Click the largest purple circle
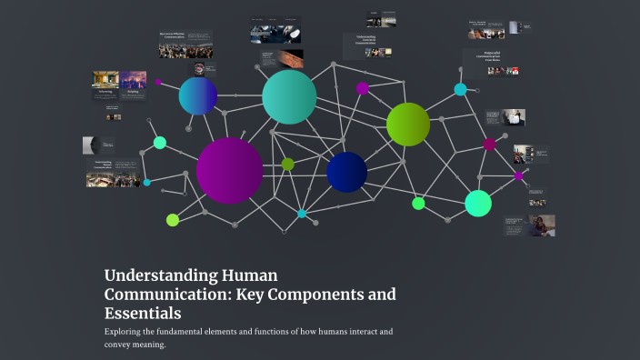pos(229,170)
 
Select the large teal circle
pos(289,96)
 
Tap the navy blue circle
pos(346,172)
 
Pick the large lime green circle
pos(407,125)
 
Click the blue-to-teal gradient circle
pos(197,95)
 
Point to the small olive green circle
pos(287,165)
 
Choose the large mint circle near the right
pos(478,203)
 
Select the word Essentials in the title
pos(143,314)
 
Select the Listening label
pos(105,91)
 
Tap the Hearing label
pos(133,91)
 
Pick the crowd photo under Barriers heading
pos(186,51)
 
